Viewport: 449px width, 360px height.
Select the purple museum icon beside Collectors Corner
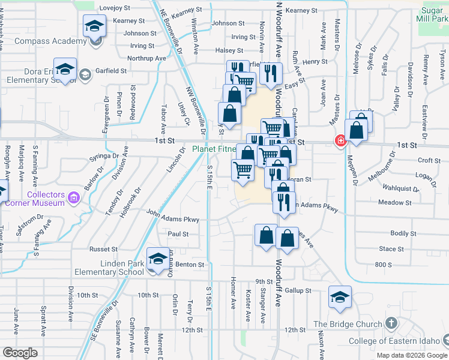point(74,196)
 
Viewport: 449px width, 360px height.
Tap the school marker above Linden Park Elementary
point(158,259)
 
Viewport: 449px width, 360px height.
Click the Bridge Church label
point(348,325)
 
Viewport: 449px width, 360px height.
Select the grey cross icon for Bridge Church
point(391,325)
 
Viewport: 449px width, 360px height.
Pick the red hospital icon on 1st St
point(341,141)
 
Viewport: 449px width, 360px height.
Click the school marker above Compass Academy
point(95,26)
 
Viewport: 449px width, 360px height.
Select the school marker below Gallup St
point(340,297)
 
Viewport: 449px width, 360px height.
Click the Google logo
point(20,353)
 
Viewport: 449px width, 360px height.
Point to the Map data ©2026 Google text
point(411,355)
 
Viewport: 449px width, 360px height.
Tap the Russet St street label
point(103,249)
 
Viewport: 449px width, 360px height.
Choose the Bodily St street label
point(403,233)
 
